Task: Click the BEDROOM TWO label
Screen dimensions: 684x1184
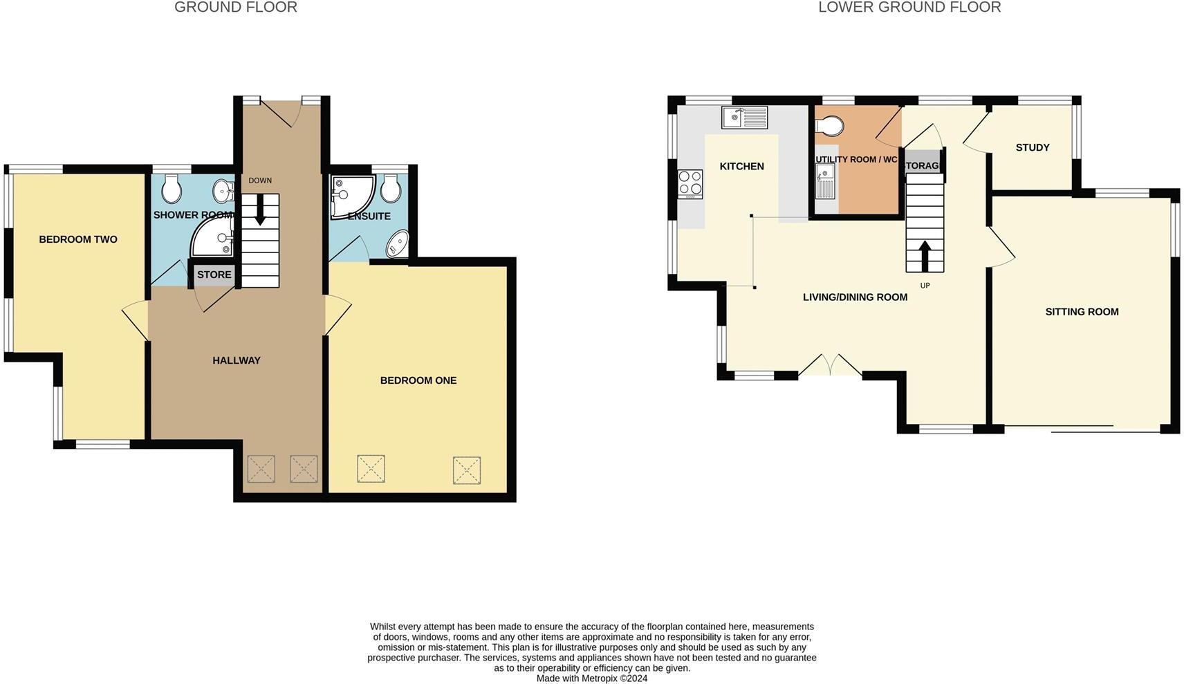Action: tap(78, 239)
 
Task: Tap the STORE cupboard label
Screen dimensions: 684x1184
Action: tap(214, 275)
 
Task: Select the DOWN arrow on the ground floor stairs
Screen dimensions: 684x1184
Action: tap(260, 210)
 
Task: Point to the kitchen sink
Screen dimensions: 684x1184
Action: tap(744, 118)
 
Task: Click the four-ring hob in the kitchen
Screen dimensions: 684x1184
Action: tap(690, 183)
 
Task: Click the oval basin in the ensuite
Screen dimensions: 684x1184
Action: tap(398, 243)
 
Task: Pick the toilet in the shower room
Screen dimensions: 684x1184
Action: tap(172, 189)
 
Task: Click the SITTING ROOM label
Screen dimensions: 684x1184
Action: tap(1082, 312)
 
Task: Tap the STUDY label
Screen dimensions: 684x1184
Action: tap(1033, 147)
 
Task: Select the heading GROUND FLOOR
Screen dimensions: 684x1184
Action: tap(236, 8)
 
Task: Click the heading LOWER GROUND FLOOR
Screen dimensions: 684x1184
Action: tap(909, 8)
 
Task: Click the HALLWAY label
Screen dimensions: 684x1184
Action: tap(237, 360)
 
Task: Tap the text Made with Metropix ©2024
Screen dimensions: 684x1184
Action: tap(592, 678)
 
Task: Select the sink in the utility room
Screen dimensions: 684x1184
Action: tap(825, 181)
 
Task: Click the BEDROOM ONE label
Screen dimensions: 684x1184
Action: tap(418, 380)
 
